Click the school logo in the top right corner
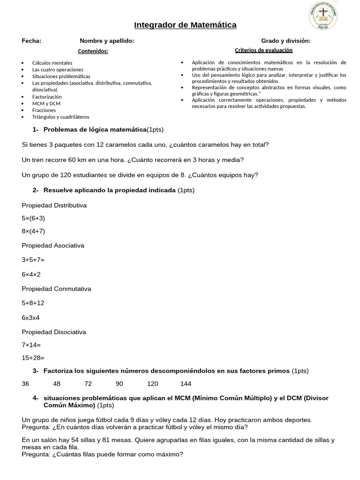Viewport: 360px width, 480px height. coord(323,17)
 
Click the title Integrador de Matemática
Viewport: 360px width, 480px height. coord(185,25)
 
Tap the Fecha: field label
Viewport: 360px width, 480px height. coord(31,41)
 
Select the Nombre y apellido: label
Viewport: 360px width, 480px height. coord(107,41)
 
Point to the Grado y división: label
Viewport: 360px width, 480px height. coord(286,41)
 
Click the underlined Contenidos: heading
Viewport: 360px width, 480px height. coord(93,51)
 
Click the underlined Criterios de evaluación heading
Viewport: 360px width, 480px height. coord(263,50)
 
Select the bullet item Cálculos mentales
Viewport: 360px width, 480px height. coord(52,62)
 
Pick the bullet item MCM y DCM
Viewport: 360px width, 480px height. coord(46,103)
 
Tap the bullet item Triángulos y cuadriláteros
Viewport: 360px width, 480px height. coord(60,117)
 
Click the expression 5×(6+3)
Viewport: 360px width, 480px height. coord(33,218)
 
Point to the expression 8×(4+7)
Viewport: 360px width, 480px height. coord(33,231)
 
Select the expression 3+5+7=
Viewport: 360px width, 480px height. coord(33,259)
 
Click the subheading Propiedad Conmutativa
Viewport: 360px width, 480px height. coord(56,289)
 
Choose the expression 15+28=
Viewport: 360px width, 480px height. coord(33,358)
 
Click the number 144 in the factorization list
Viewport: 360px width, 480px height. coord(186,383)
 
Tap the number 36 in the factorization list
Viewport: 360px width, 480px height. coord(25,383)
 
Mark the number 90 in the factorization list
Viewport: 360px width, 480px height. coord(119,383)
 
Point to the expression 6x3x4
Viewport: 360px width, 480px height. coord(31,317)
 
